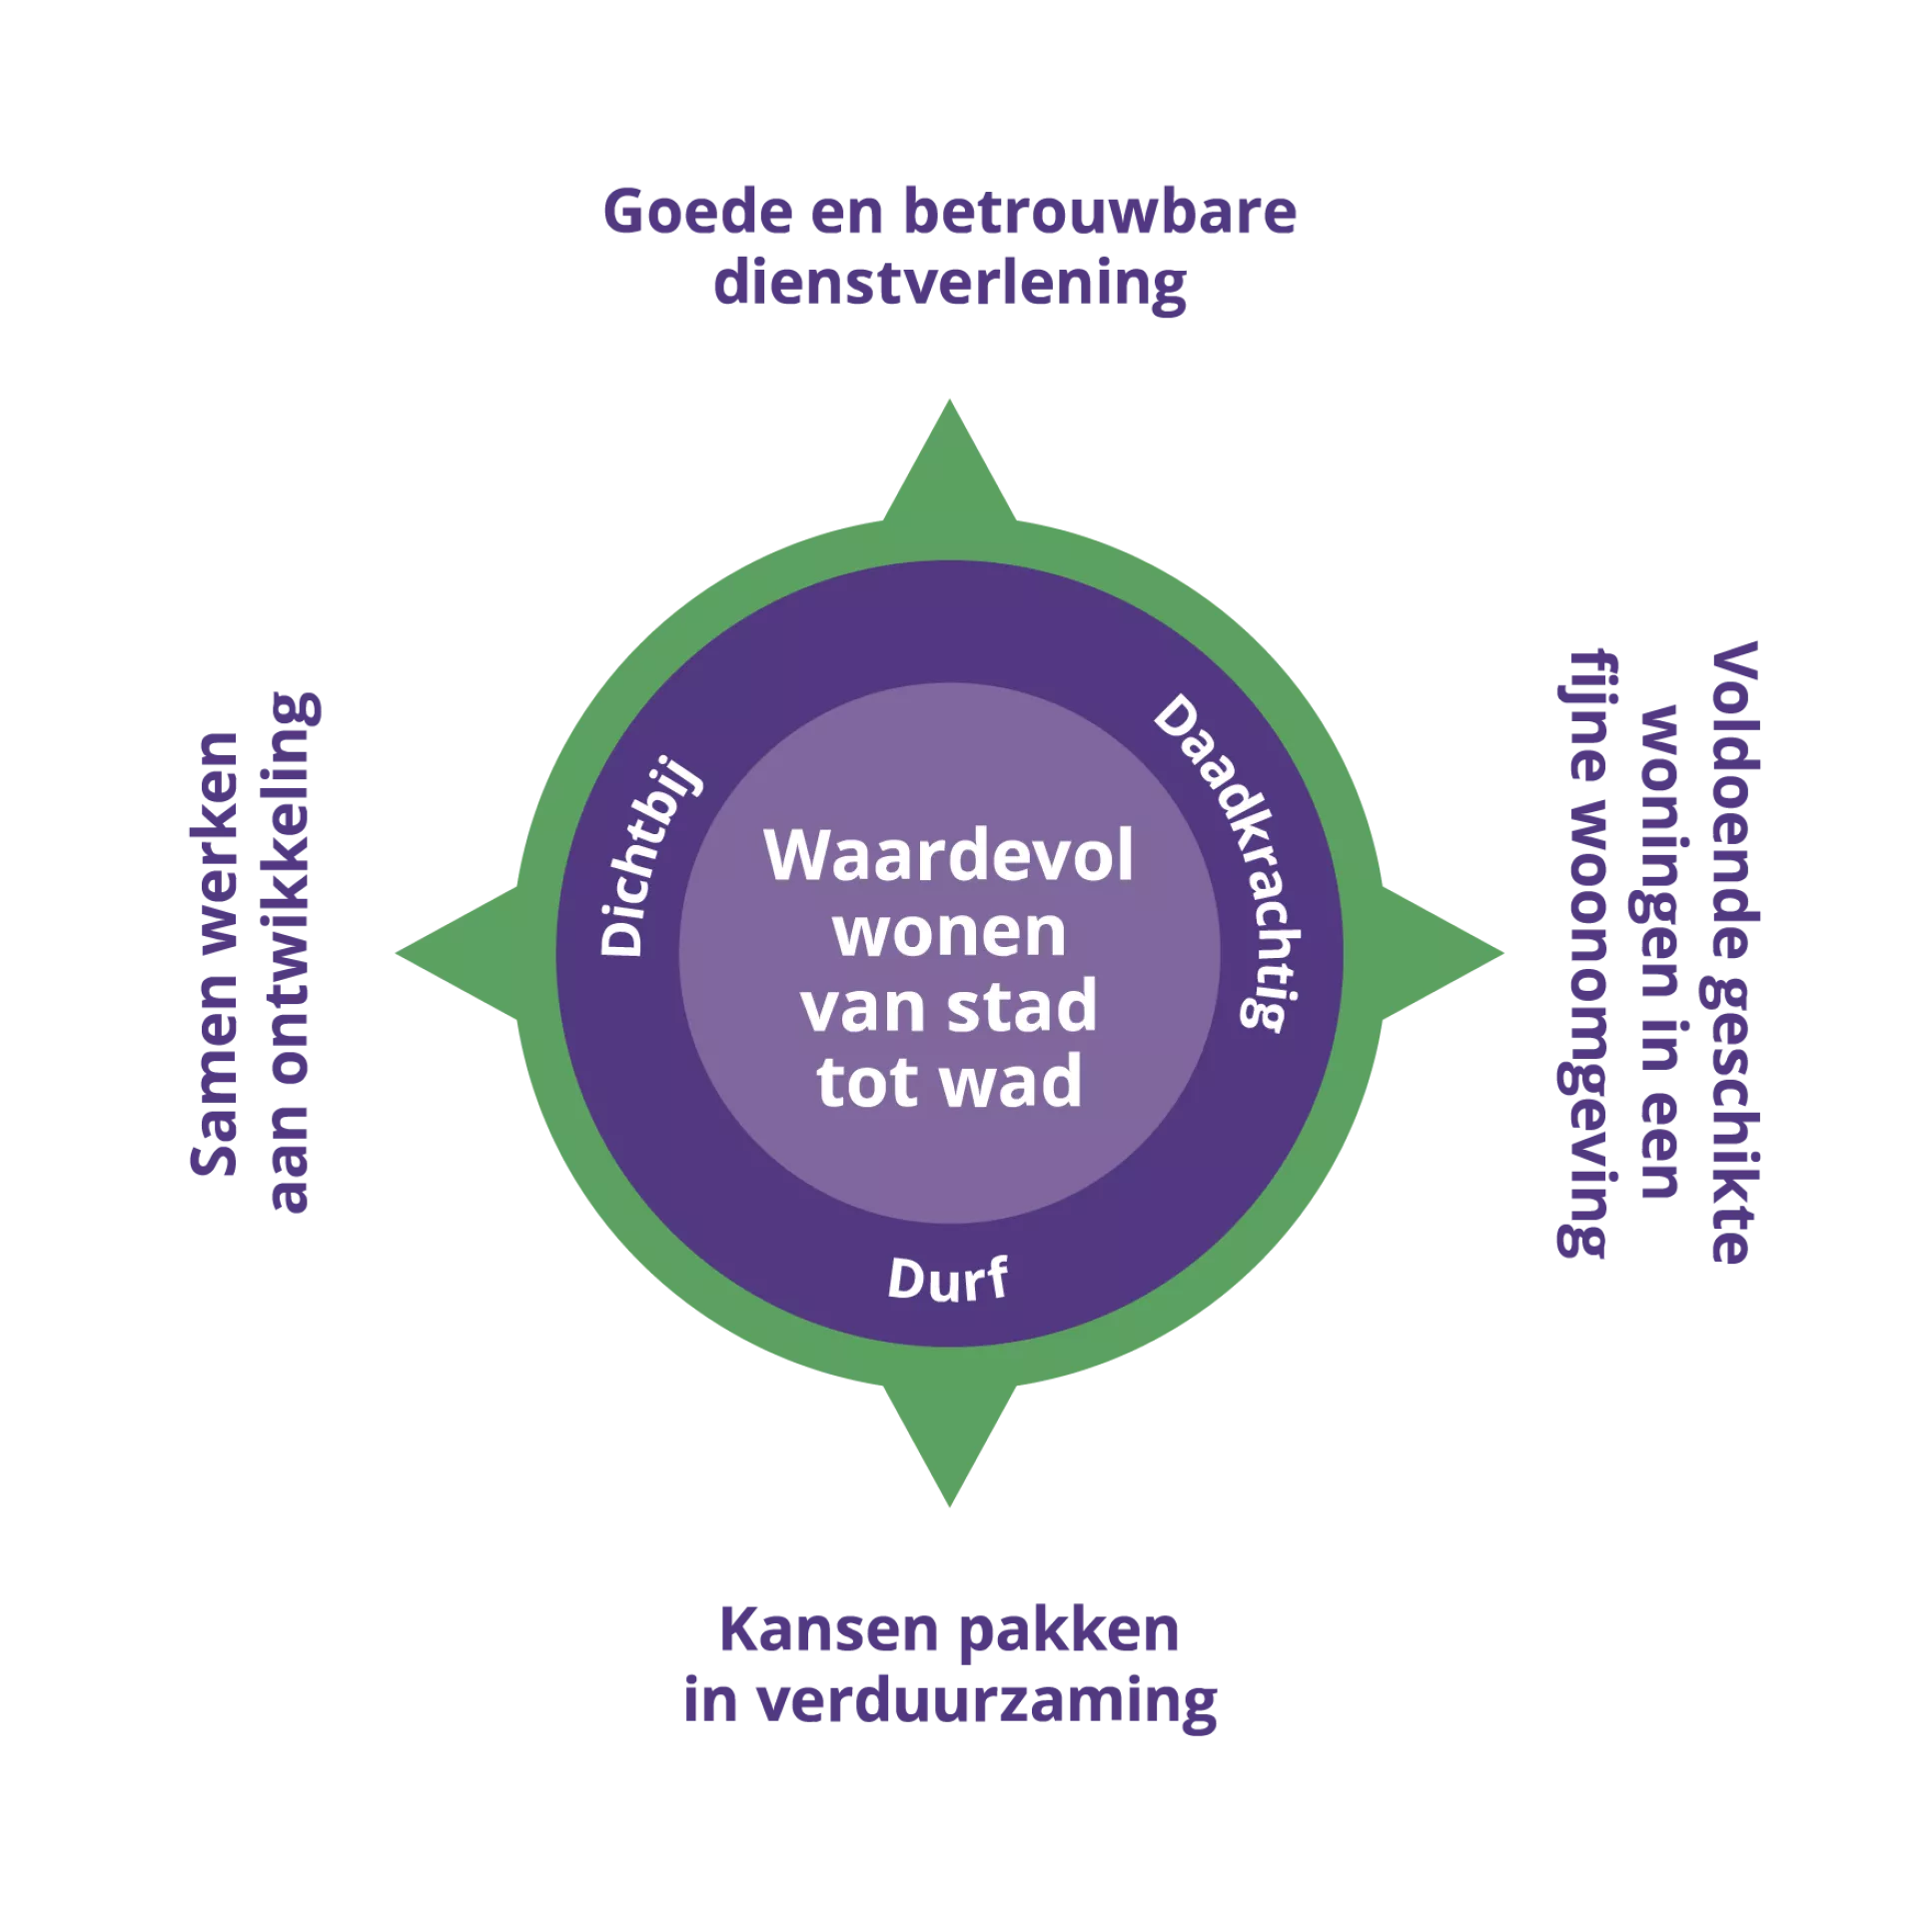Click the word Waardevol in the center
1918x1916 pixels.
click(x=949, y=856)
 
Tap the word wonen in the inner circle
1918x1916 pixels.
click(x=949, y=932)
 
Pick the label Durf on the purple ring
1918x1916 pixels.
click(x=947, y=1279)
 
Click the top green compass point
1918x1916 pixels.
click(x=949, y=460)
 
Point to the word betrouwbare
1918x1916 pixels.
click(x=1099, y=213)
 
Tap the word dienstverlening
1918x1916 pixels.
click(x=949, y=285)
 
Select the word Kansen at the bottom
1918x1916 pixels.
click(x=829, y=1630)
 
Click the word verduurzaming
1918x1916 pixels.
click(x=989, y=1703)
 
